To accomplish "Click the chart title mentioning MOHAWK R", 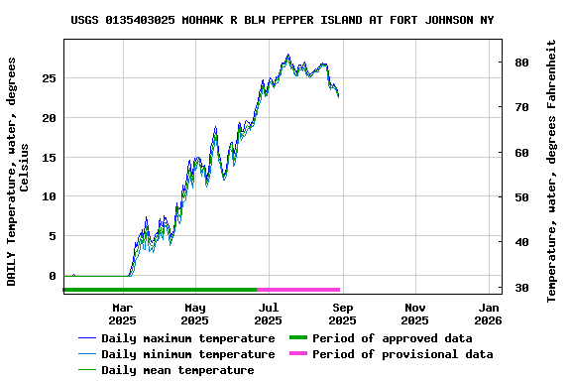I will (283, 20).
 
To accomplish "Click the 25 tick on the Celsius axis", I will (51, 77).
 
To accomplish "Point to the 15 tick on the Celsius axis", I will (51, 157).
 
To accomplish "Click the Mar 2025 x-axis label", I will (122, 314).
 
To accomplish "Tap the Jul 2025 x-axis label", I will (268, 314).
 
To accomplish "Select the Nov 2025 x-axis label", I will (414, 314).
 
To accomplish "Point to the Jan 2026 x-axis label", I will (488, 314).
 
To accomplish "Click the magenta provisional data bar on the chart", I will (298, 290).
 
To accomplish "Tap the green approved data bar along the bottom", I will (159, 290).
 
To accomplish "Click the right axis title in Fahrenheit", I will (552, 171).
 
